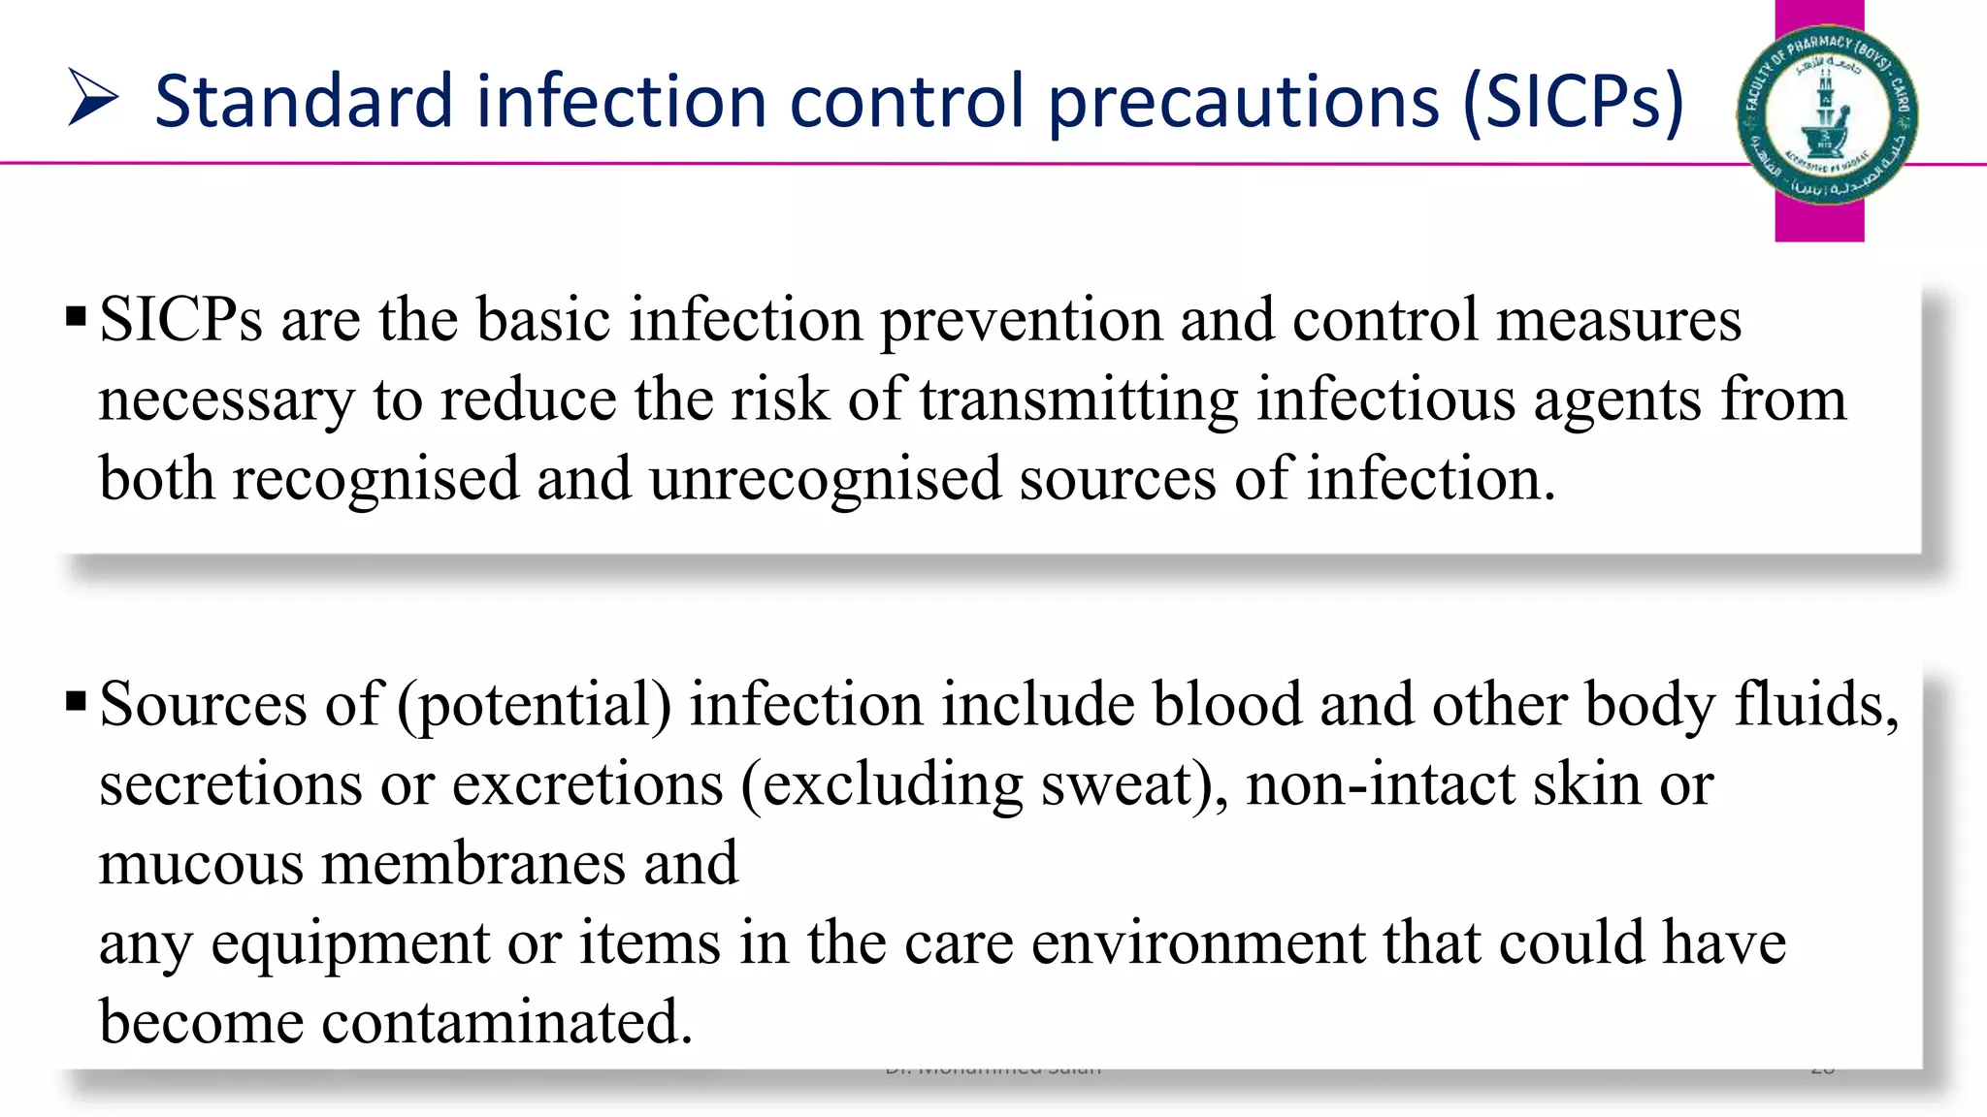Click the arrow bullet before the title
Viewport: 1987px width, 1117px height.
93,98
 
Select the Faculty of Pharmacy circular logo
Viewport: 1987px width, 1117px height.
1826,114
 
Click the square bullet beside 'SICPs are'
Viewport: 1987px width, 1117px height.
76,317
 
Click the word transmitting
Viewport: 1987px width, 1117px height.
1079,399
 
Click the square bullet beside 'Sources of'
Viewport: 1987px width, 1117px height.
76,701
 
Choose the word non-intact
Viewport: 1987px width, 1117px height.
1380,783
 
